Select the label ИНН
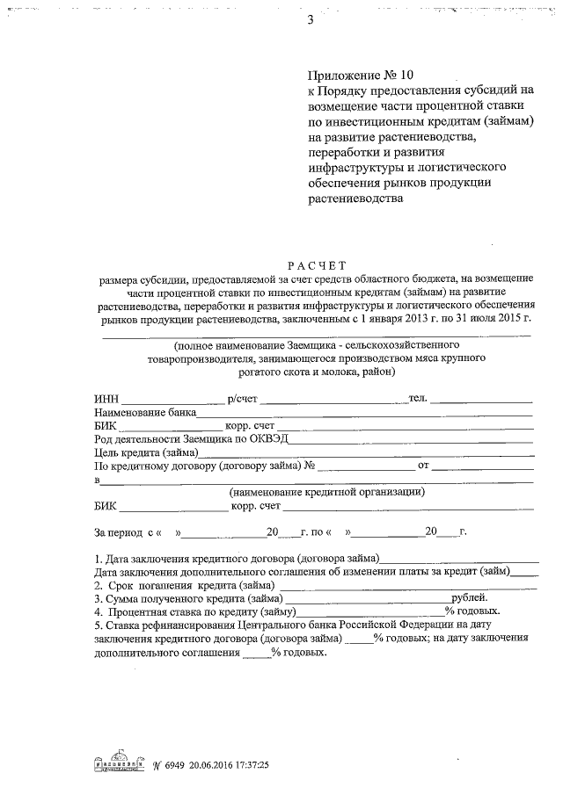pyautogui.click(x=105, y=398)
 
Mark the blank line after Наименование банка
pyautogui.click(x=364, y=413)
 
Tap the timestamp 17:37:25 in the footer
pyautogui.click(x=250, y=765)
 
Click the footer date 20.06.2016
pyautogui.click(x=212, y=765)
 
